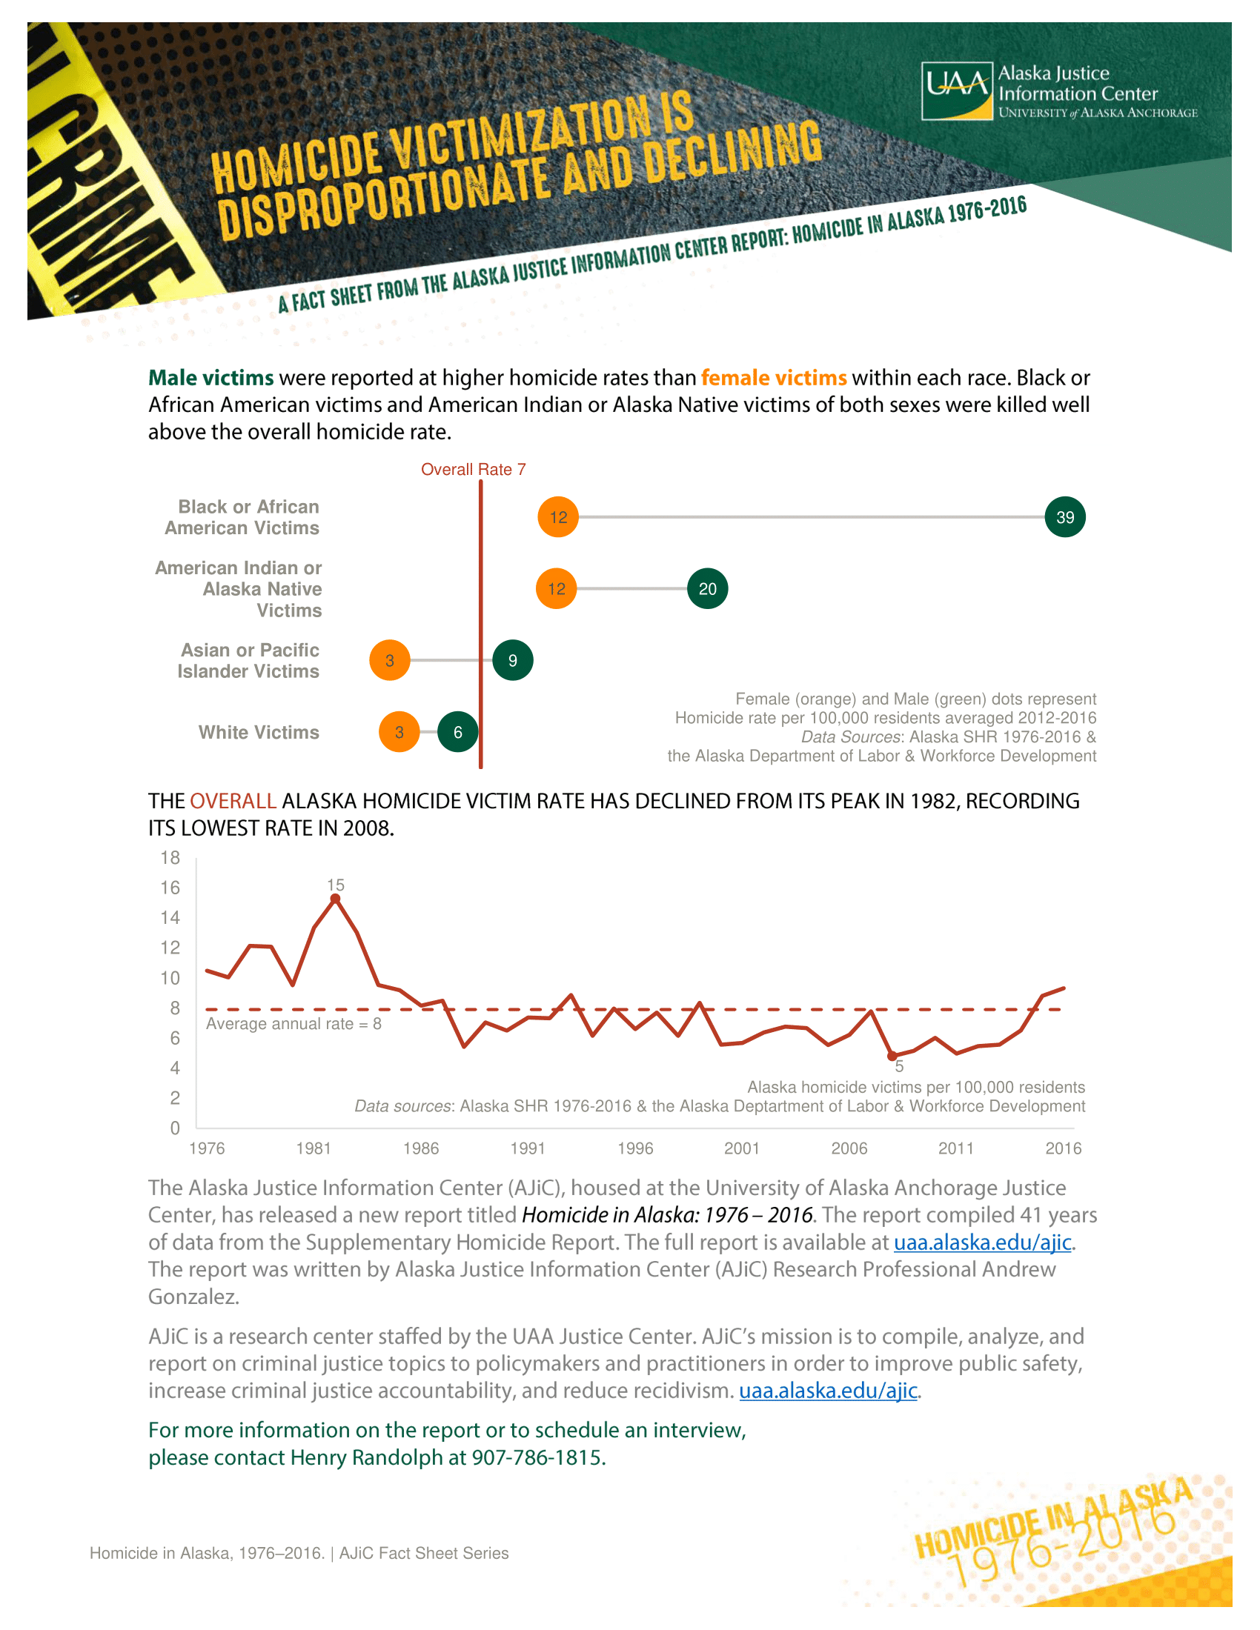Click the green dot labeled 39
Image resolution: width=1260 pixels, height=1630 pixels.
tap(1064, 517)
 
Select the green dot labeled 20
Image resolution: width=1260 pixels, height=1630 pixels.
tap(707, 589)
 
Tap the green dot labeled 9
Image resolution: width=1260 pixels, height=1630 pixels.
tap(513, 660)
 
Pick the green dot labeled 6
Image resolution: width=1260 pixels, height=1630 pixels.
tap(457, 732)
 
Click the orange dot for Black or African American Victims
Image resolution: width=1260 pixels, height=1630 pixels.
tap(558, 517)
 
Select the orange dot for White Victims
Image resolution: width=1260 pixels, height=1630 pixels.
tap(399, 732)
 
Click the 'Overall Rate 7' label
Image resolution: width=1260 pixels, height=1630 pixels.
tap(474, 470)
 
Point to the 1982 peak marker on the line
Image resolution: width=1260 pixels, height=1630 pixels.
tap(335, 899)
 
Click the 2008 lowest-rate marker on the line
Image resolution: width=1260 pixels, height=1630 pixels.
tap(891, 1056)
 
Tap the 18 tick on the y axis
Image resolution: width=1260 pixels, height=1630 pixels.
tap(170, 858)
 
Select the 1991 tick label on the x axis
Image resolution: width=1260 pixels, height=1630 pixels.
tap(528, 1148)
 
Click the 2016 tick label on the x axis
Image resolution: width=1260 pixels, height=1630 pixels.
tap(1063, 1148)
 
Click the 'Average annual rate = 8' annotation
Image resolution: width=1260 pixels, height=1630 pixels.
tap(294, 1024)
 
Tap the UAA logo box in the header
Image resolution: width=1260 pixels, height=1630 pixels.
tap(958, 91)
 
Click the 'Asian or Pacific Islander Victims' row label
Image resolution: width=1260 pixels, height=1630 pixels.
tap(248, 660)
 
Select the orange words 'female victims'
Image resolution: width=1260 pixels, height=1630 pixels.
tap(773, 378)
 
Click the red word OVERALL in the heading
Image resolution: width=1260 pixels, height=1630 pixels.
tap(233, 802)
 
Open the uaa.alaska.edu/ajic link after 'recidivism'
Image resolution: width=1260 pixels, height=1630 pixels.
tap(828, 1391)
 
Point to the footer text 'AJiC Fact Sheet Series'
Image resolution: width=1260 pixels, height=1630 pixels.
tap(424, 1553)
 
